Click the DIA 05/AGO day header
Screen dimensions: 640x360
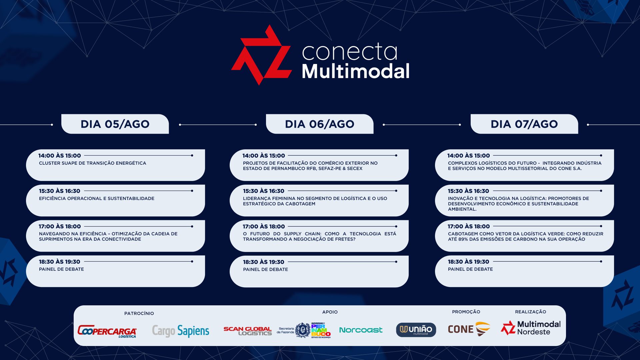[x=115, y=124]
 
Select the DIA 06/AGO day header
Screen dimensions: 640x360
[x=320, y=124]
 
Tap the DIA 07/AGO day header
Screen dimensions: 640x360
[x=524, y=124]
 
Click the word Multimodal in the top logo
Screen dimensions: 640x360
[x=356, y=71]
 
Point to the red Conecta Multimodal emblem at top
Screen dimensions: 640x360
[x=262, y=55]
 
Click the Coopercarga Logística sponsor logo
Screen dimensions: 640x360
[x=107, y=331]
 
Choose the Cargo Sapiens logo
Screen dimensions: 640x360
[x=181, y=331]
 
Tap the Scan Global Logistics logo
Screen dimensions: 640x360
[x=248, y=331]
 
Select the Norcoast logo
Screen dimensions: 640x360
[x=361, y=330]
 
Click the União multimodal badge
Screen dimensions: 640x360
[x=416, y=330]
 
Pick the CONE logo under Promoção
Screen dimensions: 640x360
[x=469, y=329]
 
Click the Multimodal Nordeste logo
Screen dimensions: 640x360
[x=531, y=328]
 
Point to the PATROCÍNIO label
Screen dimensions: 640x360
[x=139, y=313]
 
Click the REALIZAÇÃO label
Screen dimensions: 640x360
[x=531, y=312]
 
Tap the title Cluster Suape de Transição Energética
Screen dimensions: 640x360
[x=93, y=163]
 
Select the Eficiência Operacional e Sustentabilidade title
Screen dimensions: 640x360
[x=97, y=198]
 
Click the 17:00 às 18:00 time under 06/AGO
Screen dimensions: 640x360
[x=264, y=226]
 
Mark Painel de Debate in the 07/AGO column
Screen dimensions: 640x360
[x=470, y=269]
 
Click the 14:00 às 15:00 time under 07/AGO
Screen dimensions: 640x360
[x=469, y=156]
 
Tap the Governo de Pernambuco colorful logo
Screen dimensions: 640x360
[x=321, y=330]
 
